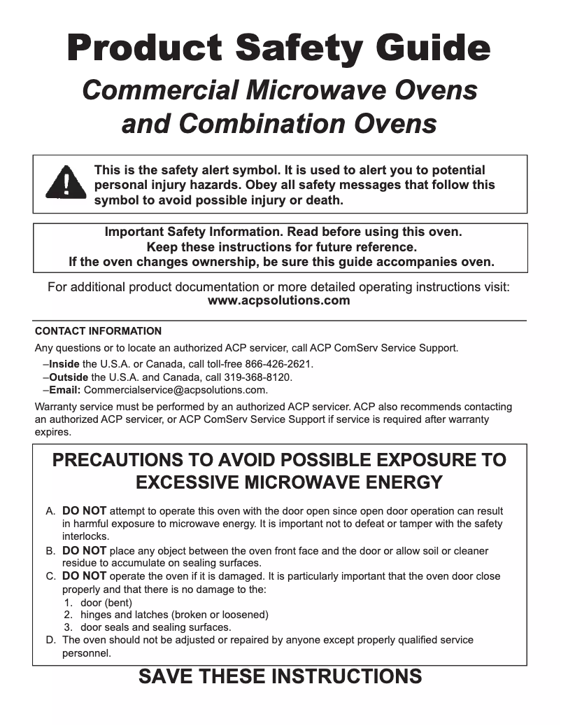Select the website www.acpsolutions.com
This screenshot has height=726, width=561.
279,300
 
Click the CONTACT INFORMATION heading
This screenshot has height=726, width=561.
98,331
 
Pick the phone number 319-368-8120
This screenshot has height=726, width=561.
257,377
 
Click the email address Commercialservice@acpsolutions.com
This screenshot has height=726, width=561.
176,389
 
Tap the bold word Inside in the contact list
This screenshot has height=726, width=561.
64,364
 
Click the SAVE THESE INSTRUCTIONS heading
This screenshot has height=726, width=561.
280,677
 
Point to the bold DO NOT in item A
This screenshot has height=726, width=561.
84,511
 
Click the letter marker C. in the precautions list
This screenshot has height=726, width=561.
50,576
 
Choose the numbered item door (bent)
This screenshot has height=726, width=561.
106,602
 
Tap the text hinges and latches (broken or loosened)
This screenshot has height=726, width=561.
174,615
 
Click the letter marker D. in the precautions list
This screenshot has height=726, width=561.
50,640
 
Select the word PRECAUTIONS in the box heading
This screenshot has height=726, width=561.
126,460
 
